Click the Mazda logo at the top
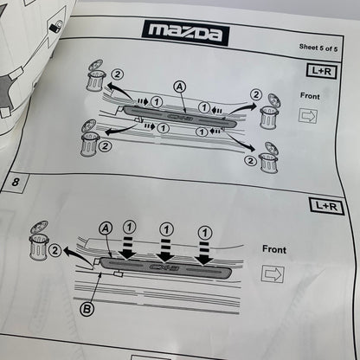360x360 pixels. click(185, 33)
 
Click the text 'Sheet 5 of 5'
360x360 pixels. click(318, 48)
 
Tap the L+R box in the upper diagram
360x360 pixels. click(322, 71)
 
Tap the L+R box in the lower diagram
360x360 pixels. click(326, 206)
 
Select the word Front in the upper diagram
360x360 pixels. click(310, 96)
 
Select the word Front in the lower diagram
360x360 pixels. click(274, 249)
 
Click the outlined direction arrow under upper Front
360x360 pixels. click(308, 116)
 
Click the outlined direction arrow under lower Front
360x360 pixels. click(273, 273)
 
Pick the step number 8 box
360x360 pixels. click(15, 183)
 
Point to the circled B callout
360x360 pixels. click(87, 309)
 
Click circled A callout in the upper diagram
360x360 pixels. click(180, 87)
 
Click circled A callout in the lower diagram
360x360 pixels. click(106, 228)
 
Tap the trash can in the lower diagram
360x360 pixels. click(39, 241)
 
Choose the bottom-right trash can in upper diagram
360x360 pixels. click(269, 158)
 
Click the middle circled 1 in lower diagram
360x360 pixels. click(166, 229)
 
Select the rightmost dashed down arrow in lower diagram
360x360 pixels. click(204, 253)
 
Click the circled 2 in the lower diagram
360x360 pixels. click(55, 250)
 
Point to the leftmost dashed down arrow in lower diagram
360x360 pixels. click(127, 247)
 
